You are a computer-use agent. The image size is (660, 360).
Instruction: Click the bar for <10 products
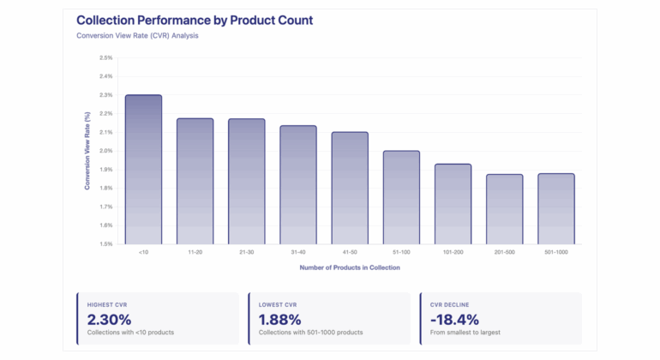pos(143,170)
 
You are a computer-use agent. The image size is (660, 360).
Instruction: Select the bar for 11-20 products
pos(195,182)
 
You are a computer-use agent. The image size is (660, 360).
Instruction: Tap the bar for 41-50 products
pos(350,189)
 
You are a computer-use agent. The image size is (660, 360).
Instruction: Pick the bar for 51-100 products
pos(401,198)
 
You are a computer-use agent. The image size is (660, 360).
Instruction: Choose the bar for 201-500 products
pos(504,209)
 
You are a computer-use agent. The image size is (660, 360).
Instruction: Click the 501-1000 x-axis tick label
pos(556,253)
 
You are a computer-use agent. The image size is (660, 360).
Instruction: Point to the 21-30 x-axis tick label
pos(246,253)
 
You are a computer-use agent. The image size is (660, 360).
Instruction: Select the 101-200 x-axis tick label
pos(453,253)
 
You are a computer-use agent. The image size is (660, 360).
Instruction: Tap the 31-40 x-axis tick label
pos(297,253)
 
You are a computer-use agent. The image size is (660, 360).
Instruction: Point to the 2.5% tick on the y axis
pos(106,57)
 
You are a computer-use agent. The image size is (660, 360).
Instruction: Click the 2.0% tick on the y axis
pos(106,151)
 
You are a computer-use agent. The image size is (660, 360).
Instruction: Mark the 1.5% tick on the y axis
pos(106,244)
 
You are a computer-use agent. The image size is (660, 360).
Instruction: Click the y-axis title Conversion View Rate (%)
pos(87,151)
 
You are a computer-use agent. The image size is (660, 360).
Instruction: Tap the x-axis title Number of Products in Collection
pos(350,267)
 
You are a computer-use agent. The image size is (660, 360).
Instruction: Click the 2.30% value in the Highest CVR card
pos(111,319)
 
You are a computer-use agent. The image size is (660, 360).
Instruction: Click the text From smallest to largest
pos(468,333)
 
